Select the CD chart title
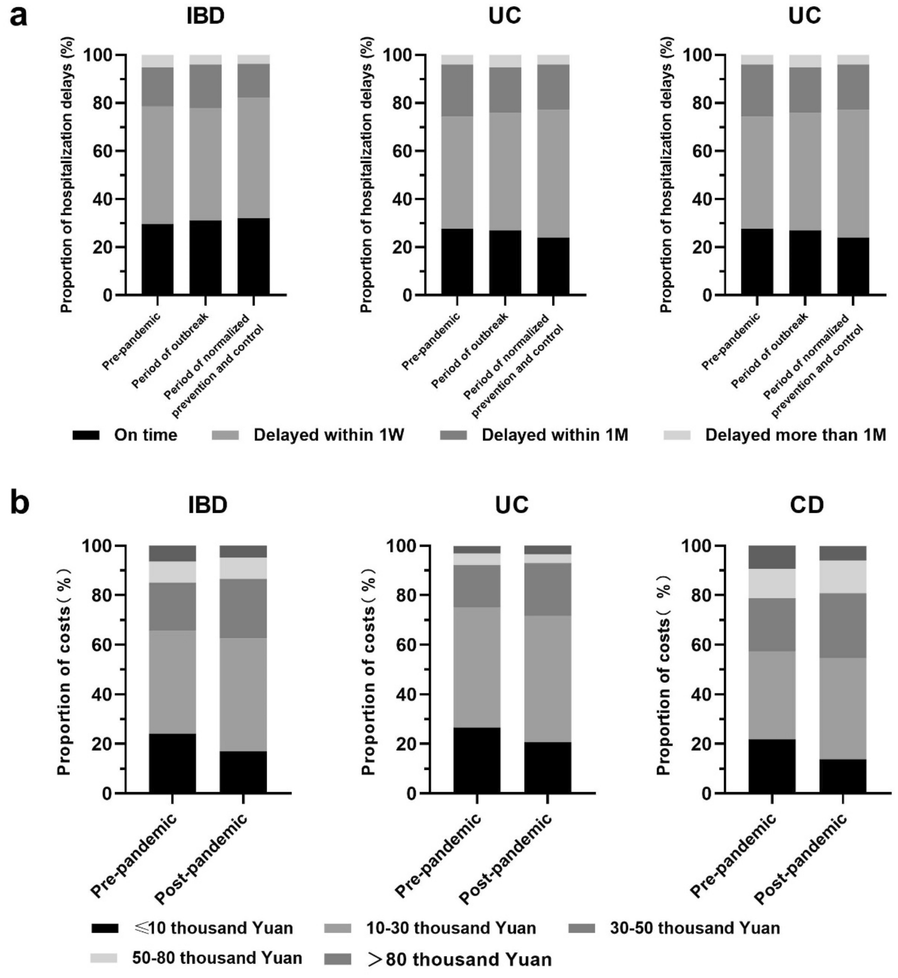[806, 505]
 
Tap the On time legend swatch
[86, 435]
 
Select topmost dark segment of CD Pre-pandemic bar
[772, 557]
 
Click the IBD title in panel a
[205, 16]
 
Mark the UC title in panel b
[511, 505]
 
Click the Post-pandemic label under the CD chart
[802, 858]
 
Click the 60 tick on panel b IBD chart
[102, 644]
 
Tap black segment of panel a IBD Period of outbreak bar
[205, 257]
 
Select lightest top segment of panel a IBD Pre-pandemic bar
[157, 61]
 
